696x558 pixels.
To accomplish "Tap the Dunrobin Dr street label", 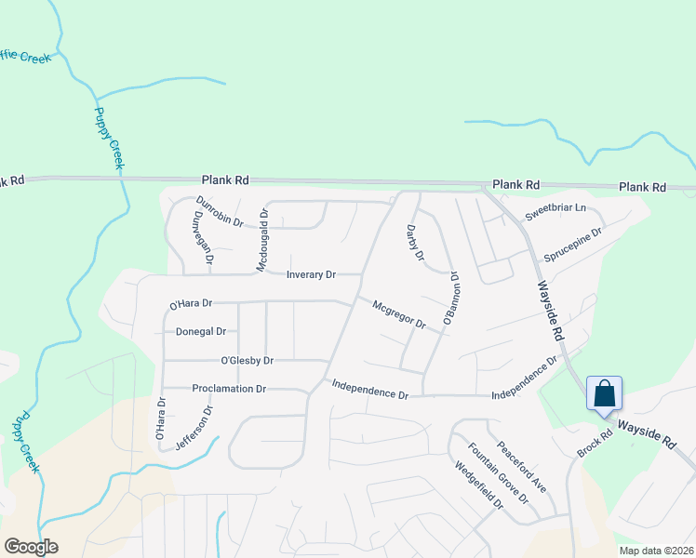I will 220,212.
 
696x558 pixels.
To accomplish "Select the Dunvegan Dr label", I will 202,245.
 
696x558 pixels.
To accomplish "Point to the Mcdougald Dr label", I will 263,240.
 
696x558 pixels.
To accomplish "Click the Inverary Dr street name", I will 311,274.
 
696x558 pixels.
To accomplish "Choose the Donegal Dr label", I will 201,331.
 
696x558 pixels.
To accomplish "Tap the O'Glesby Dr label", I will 247,360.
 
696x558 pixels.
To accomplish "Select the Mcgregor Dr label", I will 398,314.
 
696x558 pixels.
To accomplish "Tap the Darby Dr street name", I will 415,242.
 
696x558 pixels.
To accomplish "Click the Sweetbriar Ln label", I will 555,212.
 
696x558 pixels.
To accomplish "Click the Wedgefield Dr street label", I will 478,486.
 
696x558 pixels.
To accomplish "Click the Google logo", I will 31,547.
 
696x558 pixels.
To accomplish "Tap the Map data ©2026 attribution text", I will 655,551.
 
